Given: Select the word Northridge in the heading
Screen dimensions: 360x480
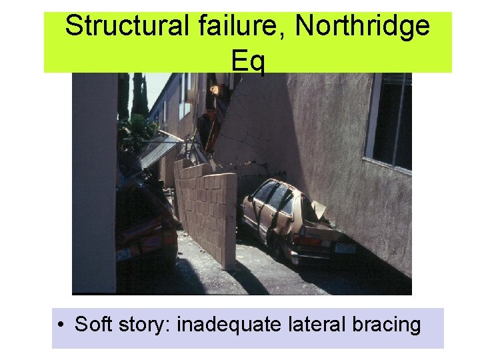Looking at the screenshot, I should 363,27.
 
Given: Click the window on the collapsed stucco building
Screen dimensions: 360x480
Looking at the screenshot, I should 390,120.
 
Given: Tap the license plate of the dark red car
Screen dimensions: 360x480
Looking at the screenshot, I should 124,255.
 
